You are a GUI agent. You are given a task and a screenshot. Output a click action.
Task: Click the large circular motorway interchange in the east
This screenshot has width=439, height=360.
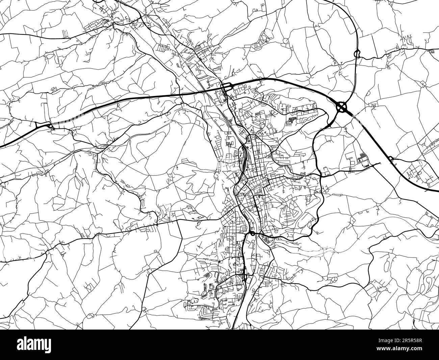(342, 107)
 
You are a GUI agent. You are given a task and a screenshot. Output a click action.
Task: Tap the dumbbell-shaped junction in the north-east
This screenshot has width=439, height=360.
(357, 53)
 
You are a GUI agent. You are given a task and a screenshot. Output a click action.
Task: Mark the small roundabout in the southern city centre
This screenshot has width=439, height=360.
(252, 233)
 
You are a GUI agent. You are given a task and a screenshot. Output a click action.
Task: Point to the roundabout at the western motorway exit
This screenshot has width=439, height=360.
(51, 126)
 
